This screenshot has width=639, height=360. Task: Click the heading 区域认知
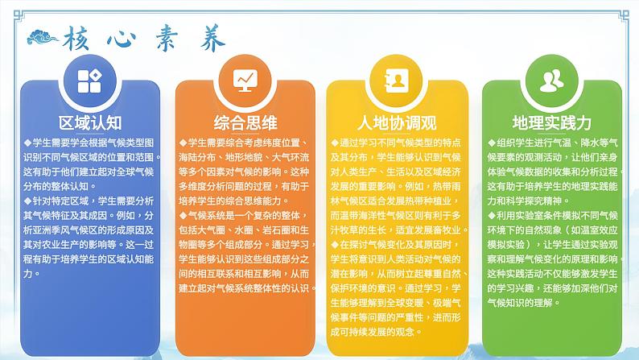pos(90,122)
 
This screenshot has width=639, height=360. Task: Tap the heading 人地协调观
pos(396,122)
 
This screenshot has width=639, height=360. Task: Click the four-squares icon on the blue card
pos(89,81)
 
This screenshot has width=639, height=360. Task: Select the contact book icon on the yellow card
pos(397,81)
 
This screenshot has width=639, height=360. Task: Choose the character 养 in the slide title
pos(210,37)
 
